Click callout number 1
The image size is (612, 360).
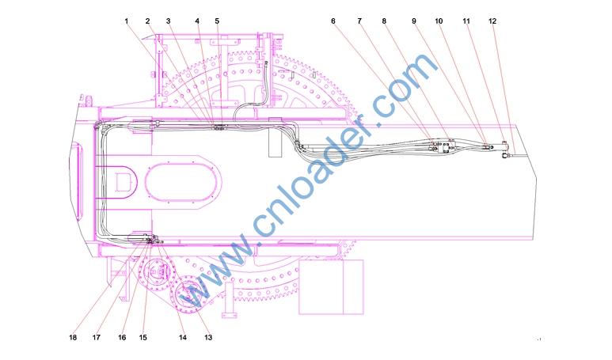pyautogui.click(x=127, y=21)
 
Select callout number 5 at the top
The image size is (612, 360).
pyautogui.click(x=217, y=21)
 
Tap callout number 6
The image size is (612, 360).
pyautogui.click(x=333, y=21)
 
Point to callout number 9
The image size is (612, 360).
pyautogui.click(x=414, y=21)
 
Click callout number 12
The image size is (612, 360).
pyautogui.click(x=492, y=21)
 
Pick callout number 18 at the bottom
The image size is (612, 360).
pyautogui.click(x=73, y=337)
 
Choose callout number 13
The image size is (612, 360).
pyautogui.click(x=208, y=337)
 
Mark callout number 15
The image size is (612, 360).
pyautogui.click(x=143, y=337)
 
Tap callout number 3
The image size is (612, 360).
pyautogui.click(x=168, y=21)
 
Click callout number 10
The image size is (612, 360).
pyautogui.click(x=439, y=21)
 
